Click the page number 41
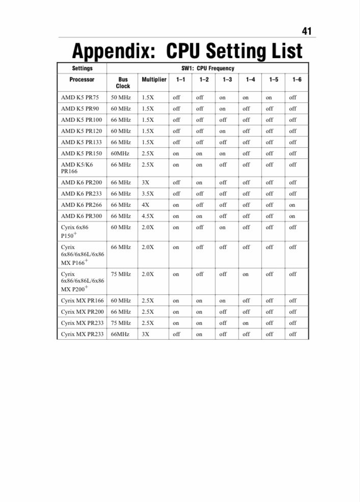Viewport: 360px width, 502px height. coord(307,31)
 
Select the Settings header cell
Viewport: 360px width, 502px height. coord(82,68)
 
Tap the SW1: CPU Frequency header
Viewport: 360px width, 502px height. coord(208,68)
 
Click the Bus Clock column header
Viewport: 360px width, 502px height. coord(123,82)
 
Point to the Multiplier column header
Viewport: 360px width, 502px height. coord(154,79)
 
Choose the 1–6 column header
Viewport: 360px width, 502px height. coord(297,79)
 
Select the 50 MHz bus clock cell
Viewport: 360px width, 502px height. coord(121,97)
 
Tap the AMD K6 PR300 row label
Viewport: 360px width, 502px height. coord(81,216)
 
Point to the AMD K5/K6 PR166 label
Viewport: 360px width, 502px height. coord(77,168)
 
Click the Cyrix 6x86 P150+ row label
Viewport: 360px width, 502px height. coord(74,231)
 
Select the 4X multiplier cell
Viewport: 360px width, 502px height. coord(146,205)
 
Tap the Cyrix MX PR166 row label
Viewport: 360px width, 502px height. coord(82,300)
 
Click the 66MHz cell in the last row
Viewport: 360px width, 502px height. coord(120,334)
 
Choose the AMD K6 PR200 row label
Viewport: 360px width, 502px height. coord(81,182)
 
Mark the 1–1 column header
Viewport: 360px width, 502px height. coord(181,79)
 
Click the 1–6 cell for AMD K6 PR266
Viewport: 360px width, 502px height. coord(292,205)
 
